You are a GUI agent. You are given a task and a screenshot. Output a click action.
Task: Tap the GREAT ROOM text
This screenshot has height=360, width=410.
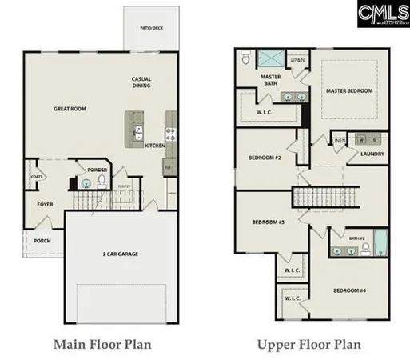coord(70,109)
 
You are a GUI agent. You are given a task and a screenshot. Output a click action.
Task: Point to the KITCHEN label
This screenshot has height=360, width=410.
coord(154,146)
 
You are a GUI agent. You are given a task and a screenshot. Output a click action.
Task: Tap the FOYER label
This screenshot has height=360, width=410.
coord(45,205)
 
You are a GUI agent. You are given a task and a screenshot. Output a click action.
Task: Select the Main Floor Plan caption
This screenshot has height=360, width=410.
coord(102,345)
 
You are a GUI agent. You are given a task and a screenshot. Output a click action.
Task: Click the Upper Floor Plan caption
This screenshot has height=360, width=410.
coord(308,345)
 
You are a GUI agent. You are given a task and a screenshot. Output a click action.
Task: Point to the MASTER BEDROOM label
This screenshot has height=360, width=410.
coord(348,91)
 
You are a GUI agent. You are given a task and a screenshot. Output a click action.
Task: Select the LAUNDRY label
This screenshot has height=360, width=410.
coord(372,154)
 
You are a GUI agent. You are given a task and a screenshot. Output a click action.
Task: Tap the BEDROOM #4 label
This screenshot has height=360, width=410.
coord(350,289)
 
